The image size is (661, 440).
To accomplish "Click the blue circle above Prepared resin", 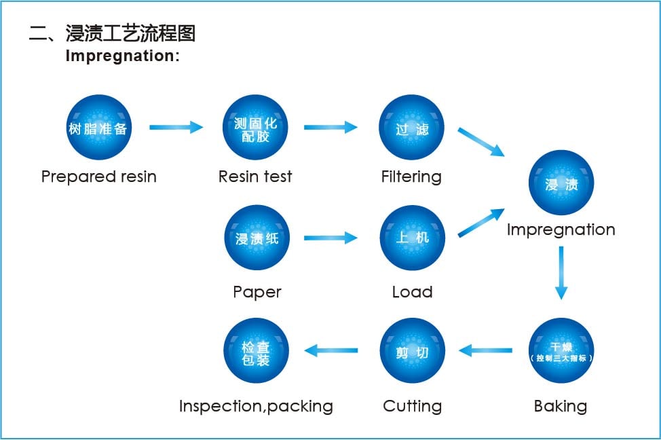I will pyautogui.click(x=98, y=128).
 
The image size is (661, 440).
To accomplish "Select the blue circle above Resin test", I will pyautogui.click(x=255, y=128).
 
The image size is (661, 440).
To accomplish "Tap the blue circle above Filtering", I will pyautogui.click(x=411, y=128).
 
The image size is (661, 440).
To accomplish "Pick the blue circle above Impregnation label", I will pyautogui.click(x=561, y=183).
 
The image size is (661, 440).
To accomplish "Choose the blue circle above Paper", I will pyautogui.click(x=257, y=238).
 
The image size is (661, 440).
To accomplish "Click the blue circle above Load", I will pyautogui.click(x=412, y=238).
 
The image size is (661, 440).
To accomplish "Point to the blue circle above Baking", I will pyautogui.click(x=561, y=350).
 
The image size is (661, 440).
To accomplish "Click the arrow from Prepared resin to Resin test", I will pyautogui.click(x=176, y=127).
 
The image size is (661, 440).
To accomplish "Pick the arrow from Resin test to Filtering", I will pyautogui.click(x=330, y=127).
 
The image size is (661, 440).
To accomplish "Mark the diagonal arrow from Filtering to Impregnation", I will pyautogui.click(x=481, y=142).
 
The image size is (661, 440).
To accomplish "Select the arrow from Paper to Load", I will pyautogui.click(x=330, y=238).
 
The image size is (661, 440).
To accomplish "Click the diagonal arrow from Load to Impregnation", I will pyautogui.click(x=481, y=223).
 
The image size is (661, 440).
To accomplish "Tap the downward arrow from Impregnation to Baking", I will pyautogui.click(x=561, y=272).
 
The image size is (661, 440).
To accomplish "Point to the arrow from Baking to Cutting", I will pyautogui.click(x=485, y=350).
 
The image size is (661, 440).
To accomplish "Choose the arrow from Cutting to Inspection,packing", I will pyautogui.click(x=331, y=350).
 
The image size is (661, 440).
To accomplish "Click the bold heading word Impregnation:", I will pyautogui.click(x=122, y=56).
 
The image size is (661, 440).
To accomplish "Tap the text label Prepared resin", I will pyautogui.click(x=99, y=177).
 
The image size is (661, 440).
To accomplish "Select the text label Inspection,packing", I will pyautogui.click(x=256, y=406).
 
